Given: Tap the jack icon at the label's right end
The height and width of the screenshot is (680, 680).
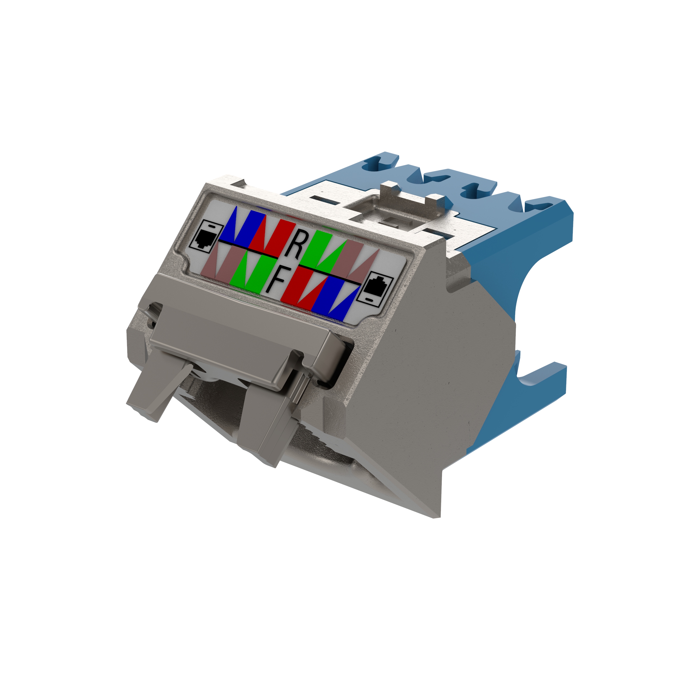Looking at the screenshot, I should click(375, 289).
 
